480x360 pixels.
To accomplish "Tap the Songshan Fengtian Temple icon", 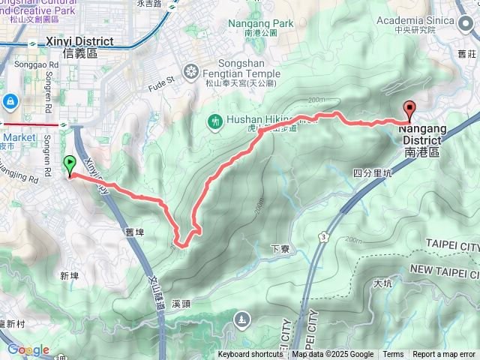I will [191, 71].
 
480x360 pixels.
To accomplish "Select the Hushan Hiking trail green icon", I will [214, 120].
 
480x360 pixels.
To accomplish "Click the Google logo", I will [28, 350].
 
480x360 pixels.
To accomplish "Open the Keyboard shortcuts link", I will [250, 355].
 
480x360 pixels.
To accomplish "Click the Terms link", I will [393, 355].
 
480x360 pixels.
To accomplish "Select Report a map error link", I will [443, 355].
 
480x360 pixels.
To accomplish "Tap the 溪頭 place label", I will [181, 304].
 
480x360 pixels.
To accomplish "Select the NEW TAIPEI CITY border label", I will [443, 269].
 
